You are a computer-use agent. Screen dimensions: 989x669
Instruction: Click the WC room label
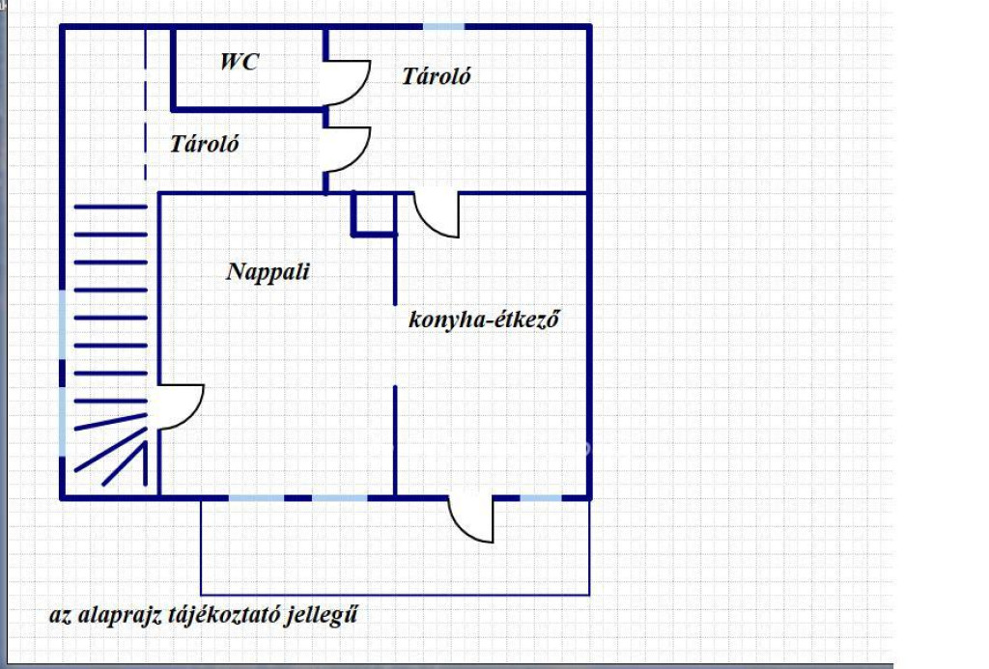click(240, 62)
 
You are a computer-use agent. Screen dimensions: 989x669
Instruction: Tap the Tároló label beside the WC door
click(437, 76)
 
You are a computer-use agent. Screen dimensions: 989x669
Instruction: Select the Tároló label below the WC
click(205, 144)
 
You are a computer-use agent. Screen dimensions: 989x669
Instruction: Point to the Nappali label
click(268, 272)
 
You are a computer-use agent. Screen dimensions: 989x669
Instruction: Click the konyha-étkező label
click(484, 319)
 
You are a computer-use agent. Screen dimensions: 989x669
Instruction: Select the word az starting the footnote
click(61, 616)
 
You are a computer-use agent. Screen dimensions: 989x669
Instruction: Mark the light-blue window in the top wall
click(443, 26)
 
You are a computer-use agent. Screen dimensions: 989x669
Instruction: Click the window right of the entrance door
click(541, 498)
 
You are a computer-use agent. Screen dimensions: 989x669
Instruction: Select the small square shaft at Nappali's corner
click(374, 214)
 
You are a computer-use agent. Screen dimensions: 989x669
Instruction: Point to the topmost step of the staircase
click(110, 207)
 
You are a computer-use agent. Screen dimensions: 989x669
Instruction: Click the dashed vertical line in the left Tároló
click(146, 104)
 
